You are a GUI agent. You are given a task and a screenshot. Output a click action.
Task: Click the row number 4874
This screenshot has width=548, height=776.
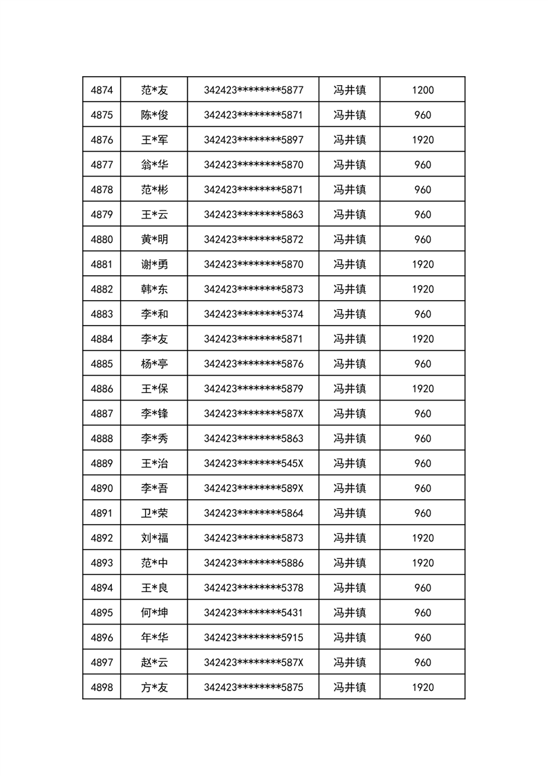(102, 90)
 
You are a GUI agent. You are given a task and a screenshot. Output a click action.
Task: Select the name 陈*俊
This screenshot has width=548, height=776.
(154, 115)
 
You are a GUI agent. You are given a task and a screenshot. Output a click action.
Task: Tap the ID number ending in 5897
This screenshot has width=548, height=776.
(253, 140)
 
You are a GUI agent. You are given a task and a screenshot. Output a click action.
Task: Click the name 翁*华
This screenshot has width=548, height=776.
(154, 165)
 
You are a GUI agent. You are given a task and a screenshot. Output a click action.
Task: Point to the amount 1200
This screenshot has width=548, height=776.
(422, 90)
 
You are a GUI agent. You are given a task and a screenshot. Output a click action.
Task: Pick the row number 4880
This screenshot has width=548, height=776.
(102, 239)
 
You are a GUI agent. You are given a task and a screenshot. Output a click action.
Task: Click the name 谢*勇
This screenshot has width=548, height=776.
(154, 264)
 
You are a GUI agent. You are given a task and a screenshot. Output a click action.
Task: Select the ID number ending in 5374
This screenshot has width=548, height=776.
(253, 314)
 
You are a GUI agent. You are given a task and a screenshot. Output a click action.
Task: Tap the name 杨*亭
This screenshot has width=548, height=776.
(154, 364)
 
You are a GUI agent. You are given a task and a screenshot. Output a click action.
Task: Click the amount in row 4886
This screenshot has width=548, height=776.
(422, 389)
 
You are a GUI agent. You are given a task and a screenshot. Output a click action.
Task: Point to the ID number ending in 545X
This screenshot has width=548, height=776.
(253, 463)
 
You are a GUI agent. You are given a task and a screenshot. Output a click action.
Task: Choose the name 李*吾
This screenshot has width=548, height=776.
(154, 488)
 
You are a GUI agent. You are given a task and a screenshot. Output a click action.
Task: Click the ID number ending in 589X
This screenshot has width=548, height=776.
(253, 488)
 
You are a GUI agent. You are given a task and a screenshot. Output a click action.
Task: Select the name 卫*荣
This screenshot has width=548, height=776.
(154, 513)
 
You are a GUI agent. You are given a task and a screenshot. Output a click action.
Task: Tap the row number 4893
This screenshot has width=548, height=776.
(102, 563)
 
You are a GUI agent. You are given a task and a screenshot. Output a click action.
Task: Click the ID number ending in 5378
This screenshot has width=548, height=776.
(253, 588)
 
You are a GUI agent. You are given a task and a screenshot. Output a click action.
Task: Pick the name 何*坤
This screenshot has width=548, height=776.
(154, 613)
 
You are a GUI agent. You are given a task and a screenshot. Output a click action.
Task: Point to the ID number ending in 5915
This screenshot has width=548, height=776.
(253, 638)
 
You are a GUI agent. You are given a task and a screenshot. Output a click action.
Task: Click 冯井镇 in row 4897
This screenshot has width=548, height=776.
(350, 663)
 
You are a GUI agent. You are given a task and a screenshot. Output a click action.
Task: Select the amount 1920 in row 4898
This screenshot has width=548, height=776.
(422, 687)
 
